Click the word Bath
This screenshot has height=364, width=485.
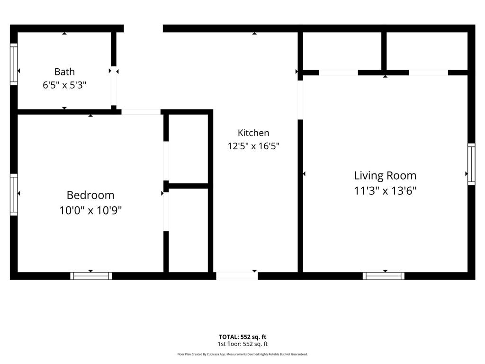point(64,72)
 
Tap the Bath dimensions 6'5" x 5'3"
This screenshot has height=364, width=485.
point(64,85)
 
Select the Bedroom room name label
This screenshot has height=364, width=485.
point(90,195)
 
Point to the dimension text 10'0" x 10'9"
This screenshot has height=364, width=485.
point(90,210)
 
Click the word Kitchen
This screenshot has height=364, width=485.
point(253,133)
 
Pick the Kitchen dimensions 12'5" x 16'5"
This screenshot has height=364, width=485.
point(253,146)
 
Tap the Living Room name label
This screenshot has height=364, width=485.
point(385,175)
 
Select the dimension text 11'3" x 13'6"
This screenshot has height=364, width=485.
point(385,191)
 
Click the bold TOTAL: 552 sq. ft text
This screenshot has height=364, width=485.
point(242,337)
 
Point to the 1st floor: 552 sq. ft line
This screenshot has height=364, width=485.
point(242,344)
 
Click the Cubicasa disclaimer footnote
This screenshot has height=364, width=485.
point(242,354)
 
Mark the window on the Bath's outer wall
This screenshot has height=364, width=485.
point(14,64)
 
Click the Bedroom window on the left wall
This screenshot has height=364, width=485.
point(14,195)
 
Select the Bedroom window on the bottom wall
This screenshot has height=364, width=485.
point(91,276)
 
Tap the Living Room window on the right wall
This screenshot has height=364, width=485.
point(471,164)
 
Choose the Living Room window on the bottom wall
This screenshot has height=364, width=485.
point(384,276)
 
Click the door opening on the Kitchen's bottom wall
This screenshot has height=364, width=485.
point(237,276)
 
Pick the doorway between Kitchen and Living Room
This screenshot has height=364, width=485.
point(300,100)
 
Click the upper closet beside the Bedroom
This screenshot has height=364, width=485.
point(188,148)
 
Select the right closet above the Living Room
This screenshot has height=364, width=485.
point(427,51)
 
